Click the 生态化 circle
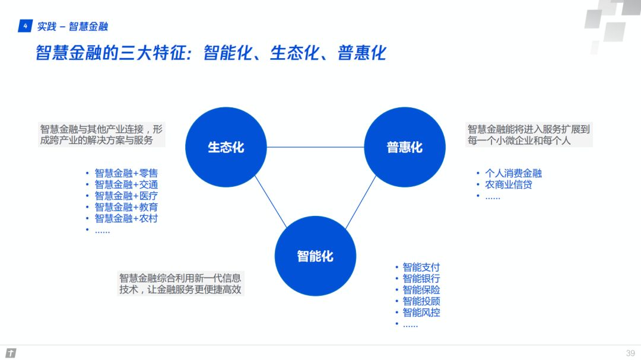point(226,147)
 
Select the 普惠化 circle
point(405,147)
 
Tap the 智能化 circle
point(315,256)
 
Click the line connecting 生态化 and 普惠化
point(315,147)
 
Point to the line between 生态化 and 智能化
point(271,202)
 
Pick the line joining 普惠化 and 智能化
point(361,202)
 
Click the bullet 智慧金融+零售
point(126,173)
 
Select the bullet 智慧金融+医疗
point(126,196)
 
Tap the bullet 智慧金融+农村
point(126,219)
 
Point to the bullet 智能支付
point(421,267)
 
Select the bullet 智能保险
point(421,289)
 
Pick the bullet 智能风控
point(421,313)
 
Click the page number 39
point(630,353)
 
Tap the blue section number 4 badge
point(26,26)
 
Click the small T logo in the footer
point(11,353)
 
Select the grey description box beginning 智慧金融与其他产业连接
point(102,135)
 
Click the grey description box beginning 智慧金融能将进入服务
point(529,135)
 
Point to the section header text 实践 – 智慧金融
point(72,27)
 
